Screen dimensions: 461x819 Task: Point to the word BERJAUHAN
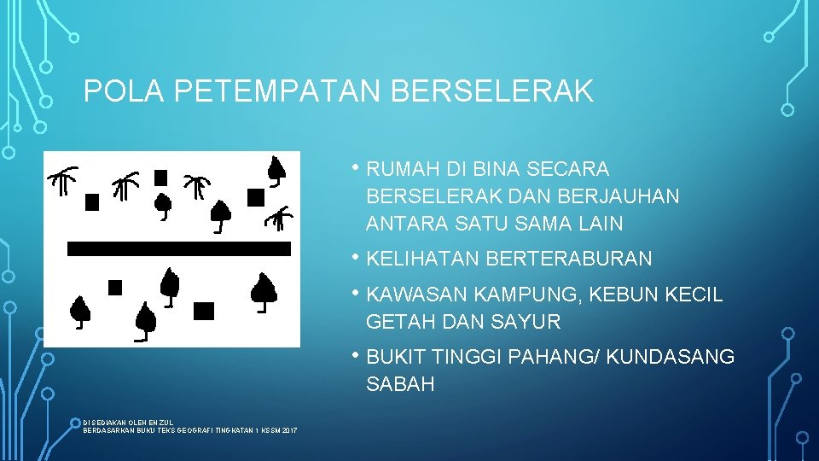coord(619,196)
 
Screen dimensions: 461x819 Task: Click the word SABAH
coord(400,384)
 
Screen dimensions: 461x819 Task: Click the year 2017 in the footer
coord(287,429)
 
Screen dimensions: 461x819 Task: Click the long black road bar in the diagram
coord(179,249)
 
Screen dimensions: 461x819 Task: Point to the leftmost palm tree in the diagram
coord(62,181)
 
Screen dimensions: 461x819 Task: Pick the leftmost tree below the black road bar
coord(79,312)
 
